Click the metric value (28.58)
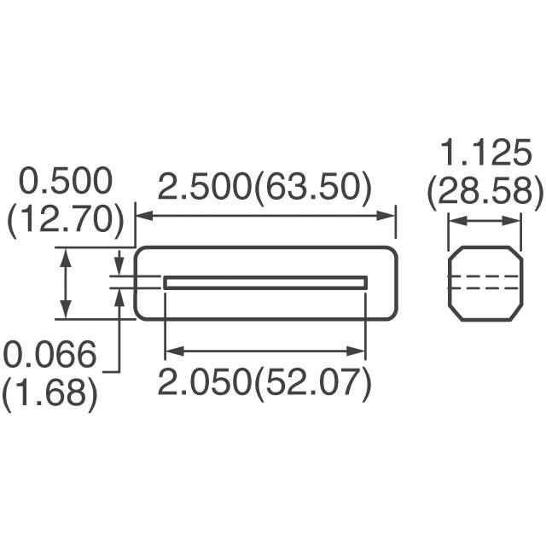pyautogui.click(x=485, y=193)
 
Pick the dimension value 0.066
pyautogui.click(x=49, y=355)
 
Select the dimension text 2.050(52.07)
pyautogui.click(x=265, y=383)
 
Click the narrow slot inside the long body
pyautogui.click(x=265, y=282)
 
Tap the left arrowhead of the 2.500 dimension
pyautogui.click(x=142, y=217)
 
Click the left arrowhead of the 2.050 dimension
pyautogui.click(x=170, y=349)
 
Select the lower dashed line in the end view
pyautogui.click(x=485, y=288)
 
